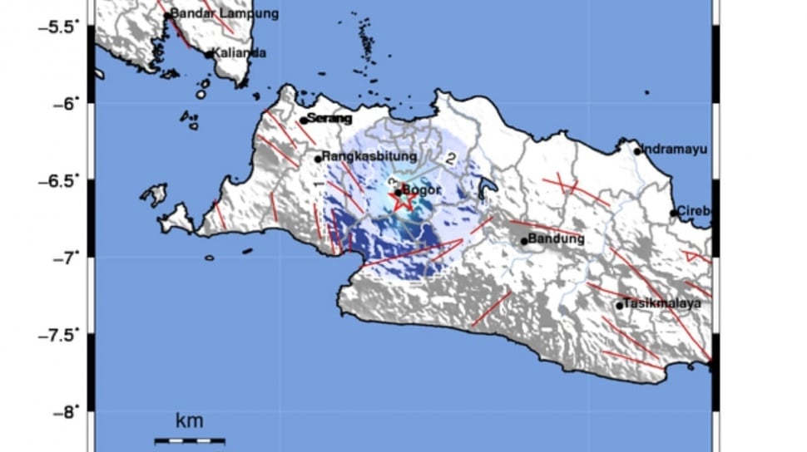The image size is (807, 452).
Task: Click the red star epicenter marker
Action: point(403,199)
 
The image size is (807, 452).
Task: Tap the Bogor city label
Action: point(420,189)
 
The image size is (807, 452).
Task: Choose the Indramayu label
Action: point(675,150)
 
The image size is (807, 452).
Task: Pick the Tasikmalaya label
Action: point(663,303)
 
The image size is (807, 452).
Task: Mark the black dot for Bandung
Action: point(524,242)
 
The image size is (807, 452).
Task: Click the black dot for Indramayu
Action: point(637,151)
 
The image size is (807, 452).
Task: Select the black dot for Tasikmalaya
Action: point(620,306)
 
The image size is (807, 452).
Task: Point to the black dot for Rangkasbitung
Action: point(318,159)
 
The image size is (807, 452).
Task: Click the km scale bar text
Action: point(189,421)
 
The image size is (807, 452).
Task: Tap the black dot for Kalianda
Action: point(209,55)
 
